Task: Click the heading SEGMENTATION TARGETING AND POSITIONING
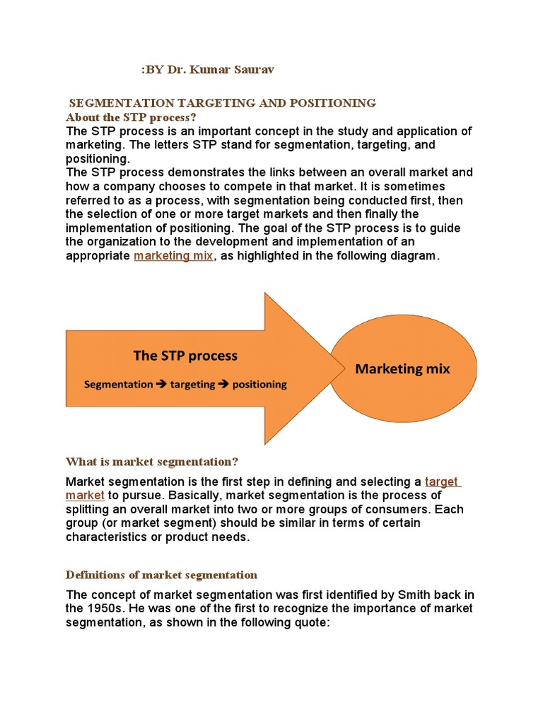point(222,103)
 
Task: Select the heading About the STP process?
point(130,117)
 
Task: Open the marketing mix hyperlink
point(173,256)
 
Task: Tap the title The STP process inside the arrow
point(185,356)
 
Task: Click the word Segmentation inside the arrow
point(118,385)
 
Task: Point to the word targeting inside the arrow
point(194,385)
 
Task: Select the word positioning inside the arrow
point(259,385)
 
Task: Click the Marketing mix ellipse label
point(402,368)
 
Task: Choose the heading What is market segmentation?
point(152,462)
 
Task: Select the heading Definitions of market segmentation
point(161,574)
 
